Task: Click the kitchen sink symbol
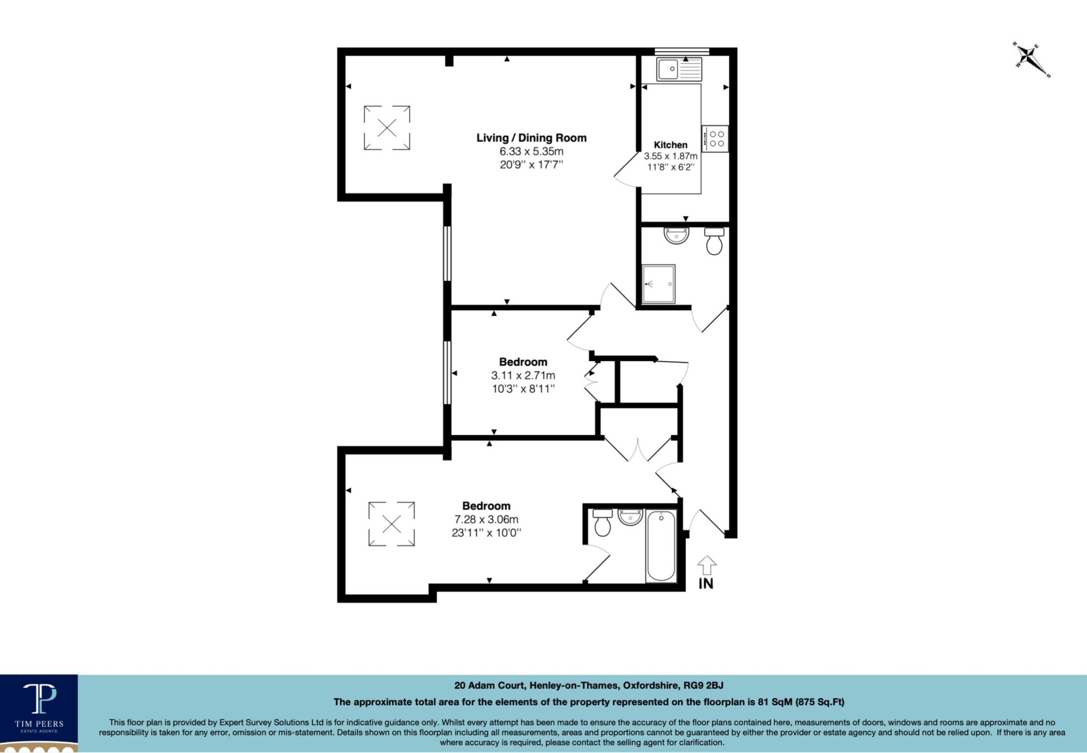pos(679,69)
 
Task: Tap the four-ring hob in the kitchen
pos(715,139)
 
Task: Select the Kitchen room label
pos(670,144)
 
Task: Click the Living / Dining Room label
pos(531,138)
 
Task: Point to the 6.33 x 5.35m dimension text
pos(531,151)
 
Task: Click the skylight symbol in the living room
pos(387,127)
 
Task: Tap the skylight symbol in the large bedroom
pos(392,524)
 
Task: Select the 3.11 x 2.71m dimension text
pos(523,375)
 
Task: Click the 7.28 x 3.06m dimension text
pos(486,519)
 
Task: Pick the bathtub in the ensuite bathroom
pos(661,546)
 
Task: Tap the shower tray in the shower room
pos(658,284)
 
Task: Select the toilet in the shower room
pos(714,241)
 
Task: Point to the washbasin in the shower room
pos(676,235)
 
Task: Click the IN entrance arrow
pos(706,565)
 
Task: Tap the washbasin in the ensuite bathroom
pos(631,517)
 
